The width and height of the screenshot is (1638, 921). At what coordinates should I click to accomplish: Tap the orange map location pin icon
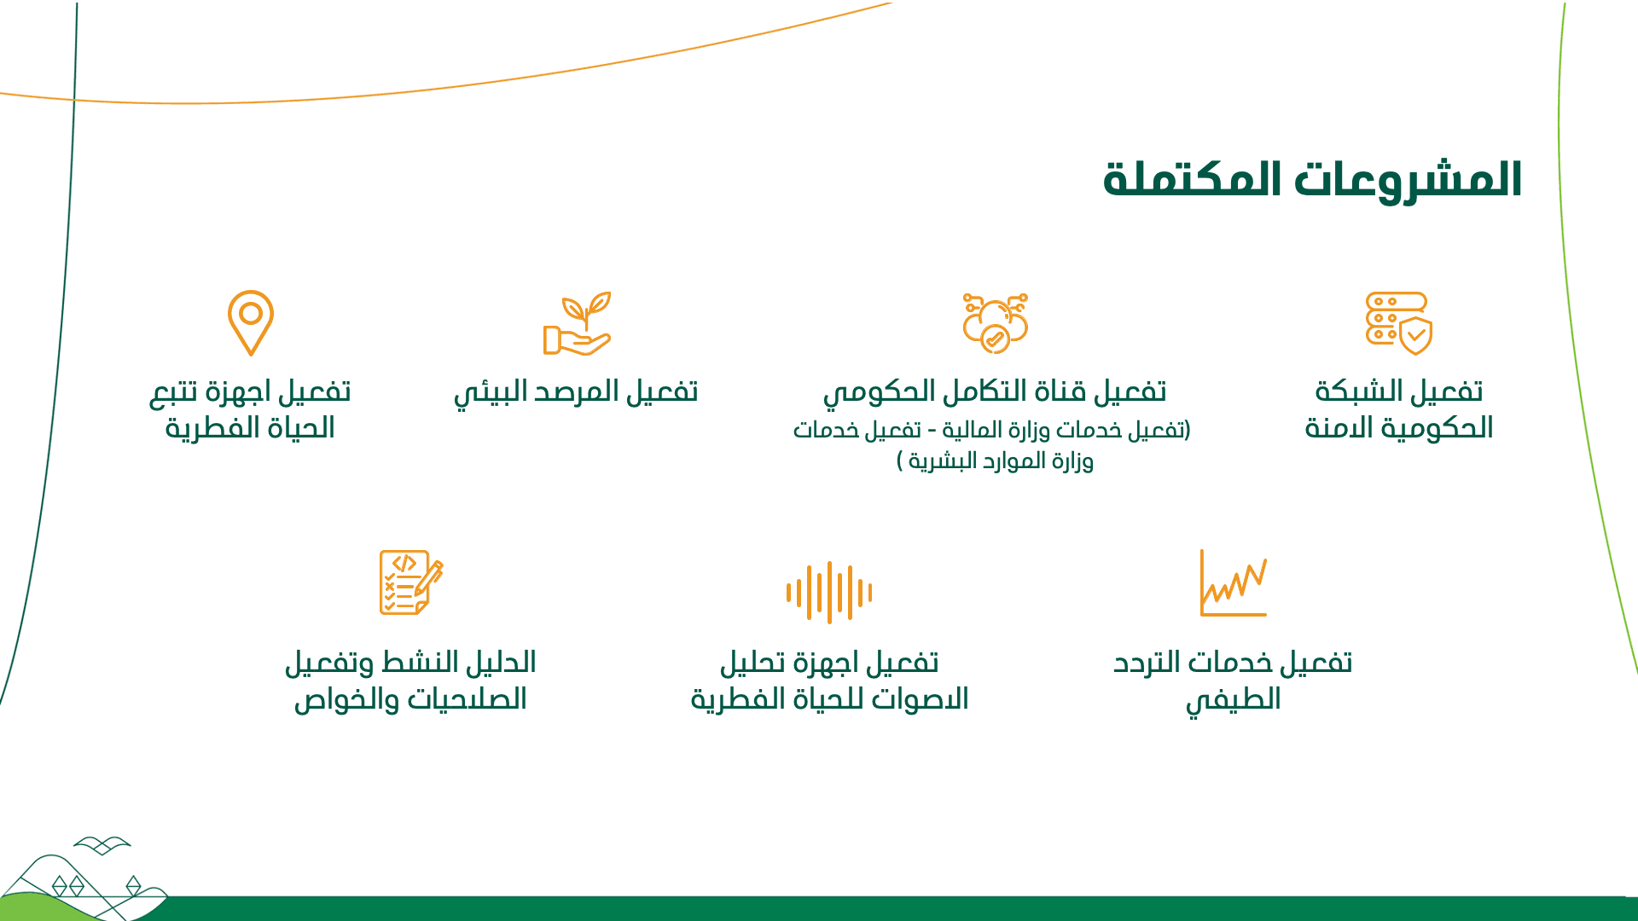click(x=251, y=323)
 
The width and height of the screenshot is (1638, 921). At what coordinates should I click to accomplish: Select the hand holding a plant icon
click(x=578, y=323)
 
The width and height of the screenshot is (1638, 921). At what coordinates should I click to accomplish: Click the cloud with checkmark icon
click(x=996, y=323)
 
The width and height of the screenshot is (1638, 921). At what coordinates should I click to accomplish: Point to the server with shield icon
click(x=1399, y=323)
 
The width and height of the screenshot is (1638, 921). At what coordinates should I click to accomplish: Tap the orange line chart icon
click(x=1234, y=582)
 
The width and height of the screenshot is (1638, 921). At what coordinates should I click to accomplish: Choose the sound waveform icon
click(x=829, y=592)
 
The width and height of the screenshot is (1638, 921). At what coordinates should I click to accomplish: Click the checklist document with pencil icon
click(x=411, y=582)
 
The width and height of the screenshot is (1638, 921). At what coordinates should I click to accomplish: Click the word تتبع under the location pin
click(x=174, y=392)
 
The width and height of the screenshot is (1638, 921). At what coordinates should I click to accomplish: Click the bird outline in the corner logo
click(x=102, y=845)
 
